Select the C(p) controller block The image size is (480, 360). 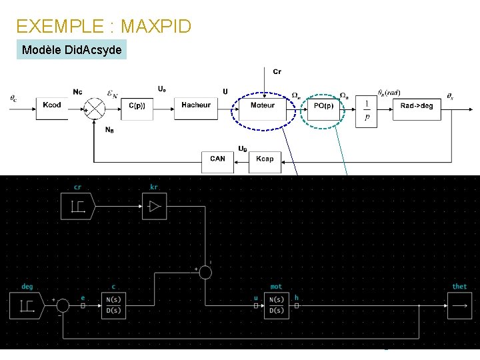pyautogui.click(x=137, y=106)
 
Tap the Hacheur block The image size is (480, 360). pyautogui.click(x=195, y=106)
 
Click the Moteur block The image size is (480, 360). pyautogui.click(x=263, y=106)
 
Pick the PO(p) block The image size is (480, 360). pyautogui.click(x=323, y=106)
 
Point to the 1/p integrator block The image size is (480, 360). pyautogui.click(x=366, y=110)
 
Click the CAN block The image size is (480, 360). pyautogui.click(x=217, y=159)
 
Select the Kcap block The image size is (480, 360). pyautogui.click(x=265, y=159)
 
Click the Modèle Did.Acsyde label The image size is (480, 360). pyautogui.click(x=71, y=50)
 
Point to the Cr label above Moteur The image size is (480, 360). pyautogui.click(x=277, y=71)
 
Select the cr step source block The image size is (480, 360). pyautogui.click(x=78, y=207)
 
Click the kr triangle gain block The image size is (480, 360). pyautogui.click(x=154, y=207)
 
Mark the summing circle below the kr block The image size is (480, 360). pyautogui.click(x=205, y=272)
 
